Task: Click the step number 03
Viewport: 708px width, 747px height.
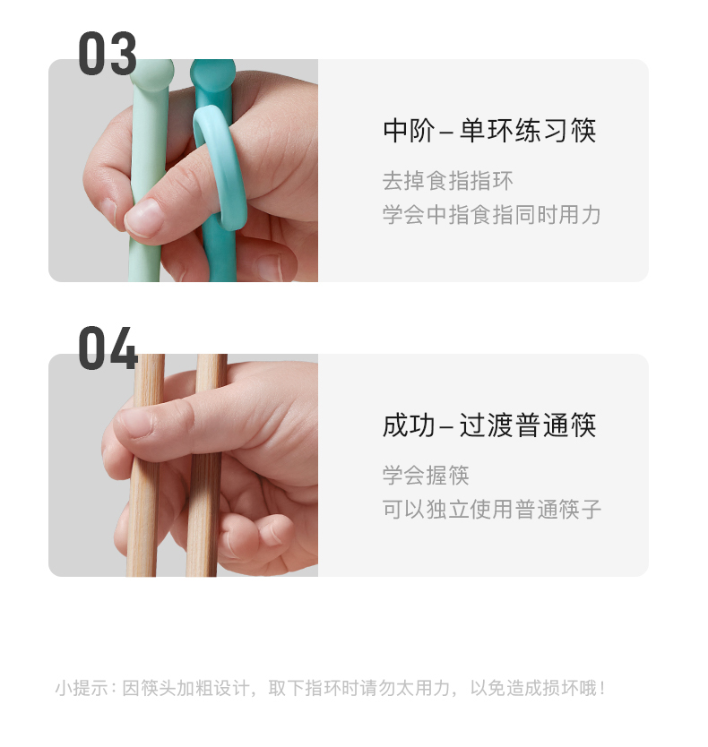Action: pyautogui.click(x=108, y=54)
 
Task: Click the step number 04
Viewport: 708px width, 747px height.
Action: pyautogui.click(x=108, y=348)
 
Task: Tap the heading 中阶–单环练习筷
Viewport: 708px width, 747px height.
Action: pyautogui.click(x=489, y=130)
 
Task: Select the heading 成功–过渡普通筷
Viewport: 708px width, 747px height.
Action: pyautogui.click(x=489, y=425)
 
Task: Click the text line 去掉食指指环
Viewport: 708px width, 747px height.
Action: pyautogui.click(x=448, y=181)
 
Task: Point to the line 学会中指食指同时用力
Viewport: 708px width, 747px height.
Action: pyautogui.click(x=491, y=214)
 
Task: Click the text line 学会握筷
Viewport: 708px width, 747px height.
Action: pyautogui.click(x=426, y=475)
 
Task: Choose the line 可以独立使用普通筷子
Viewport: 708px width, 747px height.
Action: pyautogui.click(x=491, y=509)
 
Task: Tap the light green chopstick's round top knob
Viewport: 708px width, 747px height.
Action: pyautogui.click(x=151, y=73)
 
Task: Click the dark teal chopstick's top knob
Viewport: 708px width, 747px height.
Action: pyautogui.click(x=212, y=73)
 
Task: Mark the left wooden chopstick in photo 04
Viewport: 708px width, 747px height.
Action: pyautogui.click(x=145, y=465)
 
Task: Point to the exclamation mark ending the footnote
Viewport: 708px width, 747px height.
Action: pyautogui.click(x=602, y=688)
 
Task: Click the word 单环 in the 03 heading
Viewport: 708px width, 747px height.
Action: pyautogui.click(x=487, y=130)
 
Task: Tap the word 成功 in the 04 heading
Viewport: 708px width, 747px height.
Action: pyautogui.click(x=409, y=425)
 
